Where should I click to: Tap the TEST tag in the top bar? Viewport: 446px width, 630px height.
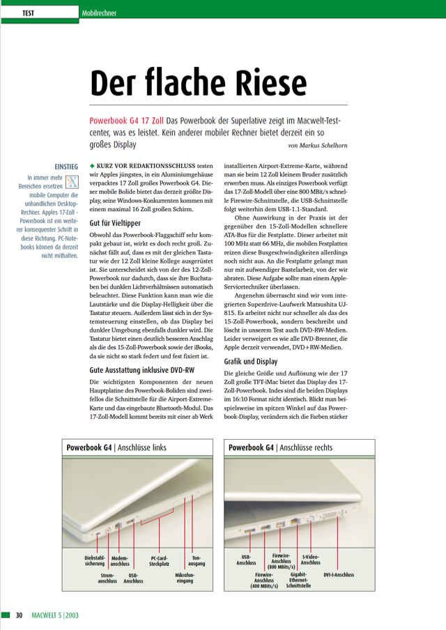29,13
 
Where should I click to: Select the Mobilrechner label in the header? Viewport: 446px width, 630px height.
98,13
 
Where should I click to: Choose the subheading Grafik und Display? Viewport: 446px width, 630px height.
251,362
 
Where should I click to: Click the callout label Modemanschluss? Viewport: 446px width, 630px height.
120,561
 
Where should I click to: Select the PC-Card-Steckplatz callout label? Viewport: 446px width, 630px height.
160,561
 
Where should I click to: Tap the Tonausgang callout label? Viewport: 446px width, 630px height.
196,561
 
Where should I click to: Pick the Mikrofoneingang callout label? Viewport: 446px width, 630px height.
185,577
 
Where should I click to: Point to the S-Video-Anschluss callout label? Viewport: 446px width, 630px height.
310,560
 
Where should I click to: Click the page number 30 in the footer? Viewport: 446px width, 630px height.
20,615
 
